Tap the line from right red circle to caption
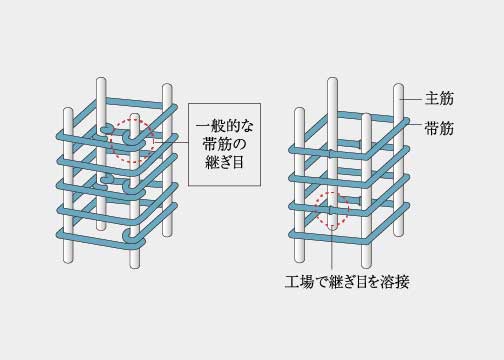pos(329,250)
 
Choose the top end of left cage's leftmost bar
pos(70,108)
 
